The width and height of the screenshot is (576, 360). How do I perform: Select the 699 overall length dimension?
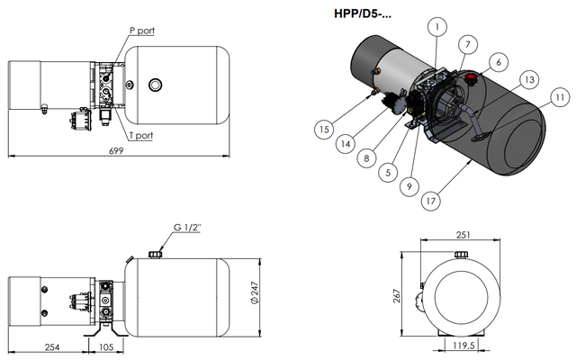coord(116,150)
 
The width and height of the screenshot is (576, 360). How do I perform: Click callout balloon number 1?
coord(435,28)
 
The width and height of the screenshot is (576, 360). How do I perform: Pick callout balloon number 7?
coord(467,43)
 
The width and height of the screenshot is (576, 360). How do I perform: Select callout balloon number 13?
coord(530,81)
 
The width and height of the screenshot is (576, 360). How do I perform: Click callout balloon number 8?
coord(366,157)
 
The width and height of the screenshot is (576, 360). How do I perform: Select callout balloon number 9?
coord(409,186)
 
